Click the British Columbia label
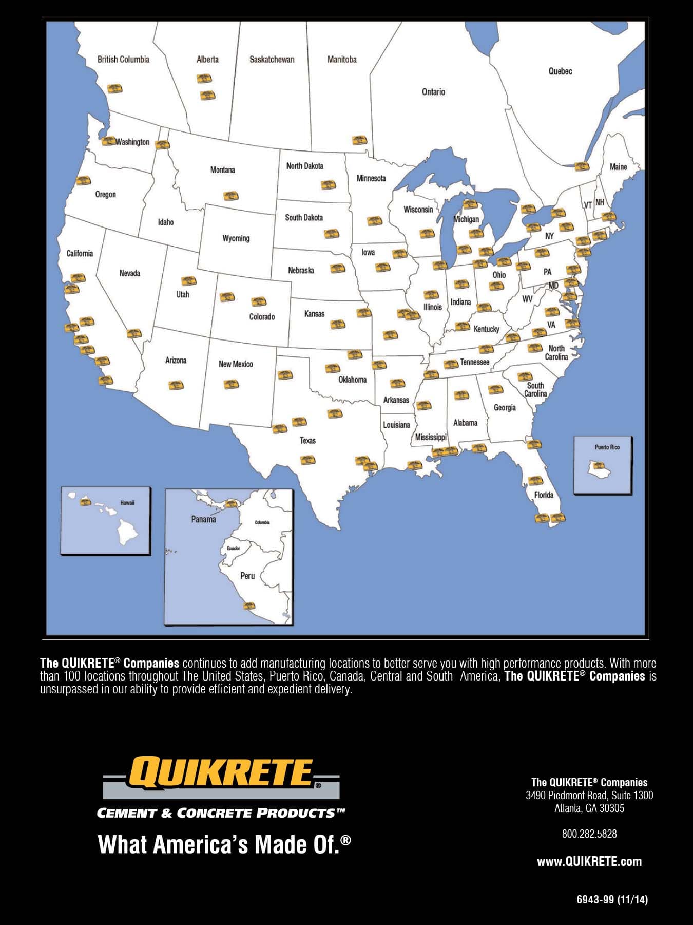point(123,60)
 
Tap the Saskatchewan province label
point(272,60)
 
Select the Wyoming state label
point(236,238)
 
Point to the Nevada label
point(129,273)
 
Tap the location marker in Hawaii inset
point(85,501)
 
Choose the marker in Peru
point(249,606)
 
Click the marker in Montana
point(231,196)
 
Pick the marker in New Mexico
point(231,384)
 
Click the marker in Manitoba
point(359,140)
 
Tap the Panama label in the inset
point(203,519)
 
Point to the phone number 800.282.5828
point(589,834)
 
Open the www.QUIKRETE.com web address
point(589,861)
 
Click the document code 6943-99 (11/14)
point(612,899)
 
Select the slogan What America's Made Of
point(224,845)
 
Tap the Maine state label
point(618,167)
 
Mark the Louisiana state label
point(396,425)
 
